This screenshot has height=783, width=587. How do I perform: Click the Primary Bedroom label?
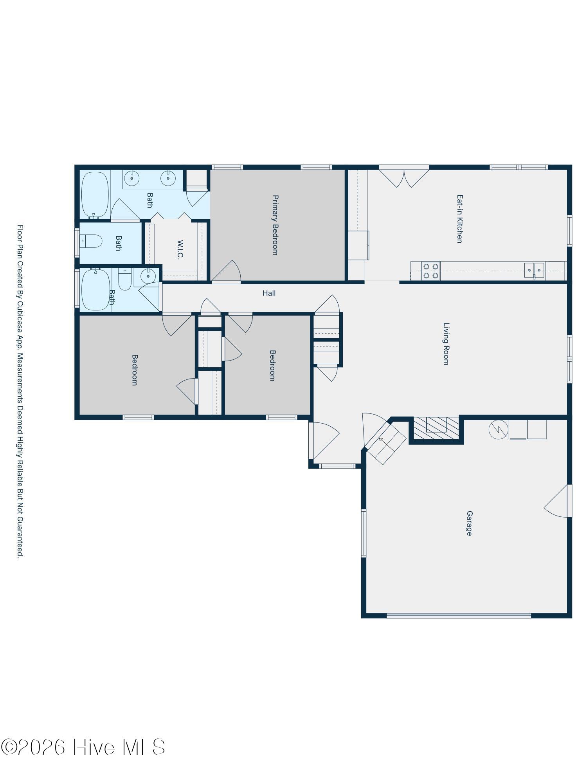click(x=275, y=225)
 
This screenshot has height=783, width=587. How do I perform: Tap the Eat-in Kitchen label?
click(x=460, y=219)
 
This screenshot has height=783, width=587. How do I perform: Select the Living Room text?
click(x=446, y=344)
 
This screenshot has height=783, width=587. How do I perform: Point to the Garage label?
click(x=469, y=523)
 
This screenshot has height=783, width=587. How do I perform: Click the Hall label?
click(x=269, y=293)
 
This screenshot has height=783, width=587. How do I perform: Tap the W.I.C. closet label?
click(x=180, y=250)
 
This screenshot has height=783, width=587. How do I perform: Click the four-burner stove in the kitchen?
click(x=431, y=271)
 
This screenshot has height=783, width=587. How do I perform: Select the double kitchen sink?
click(x=534, y=270)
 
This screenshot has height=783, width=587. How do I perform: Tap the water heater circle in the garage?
click(x=498, y=429)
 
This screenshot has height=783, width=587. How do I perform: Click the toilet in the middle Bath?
click(x=91, y=241)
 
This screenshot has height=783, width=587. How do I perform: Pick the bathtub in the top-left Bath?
click(x=95, y=195)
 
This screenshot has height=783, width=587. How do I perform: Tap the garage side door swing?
click(x=556, y=501)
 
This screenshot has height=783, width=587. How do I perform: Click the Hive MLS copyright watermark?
click(x=83, y=747)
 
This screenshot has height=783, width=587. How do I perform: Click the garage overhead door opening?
click(x=459, y=616)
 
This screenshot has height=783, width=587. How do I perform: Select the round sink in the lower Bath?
click(x=148, y=276)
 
